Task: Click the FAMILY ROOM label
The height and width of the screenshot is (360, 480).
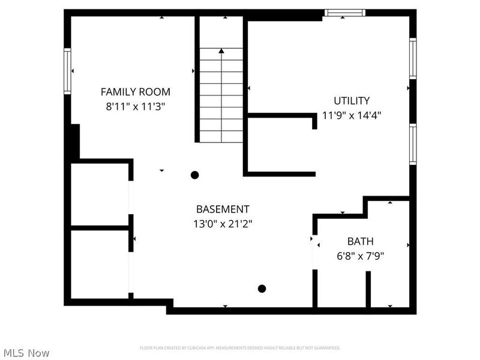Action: [135, 92]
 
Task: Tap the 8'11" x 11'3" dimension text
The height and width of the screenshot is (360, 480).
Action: [135, 106]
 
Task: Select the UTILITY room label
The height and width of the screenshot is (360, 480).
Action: [352, 101]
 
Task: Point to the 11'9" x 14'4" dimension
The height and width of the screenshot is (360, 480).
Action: [352, 115]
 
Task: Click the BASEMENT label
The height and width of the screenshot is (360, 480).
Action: [223, 209]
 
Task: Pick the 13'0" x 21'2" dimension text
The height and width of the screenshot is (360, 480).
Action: [223, 224]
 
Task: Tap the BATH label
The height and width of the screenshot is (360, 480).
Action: [360, 241]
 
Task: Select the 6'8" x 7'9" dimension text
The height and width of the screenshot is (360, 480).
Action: [360, 256]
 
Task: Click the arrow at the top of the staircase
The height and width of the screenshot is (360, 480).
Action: [221, 52]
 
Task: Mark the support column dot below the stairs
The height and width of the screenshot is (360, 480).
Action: [194, 175]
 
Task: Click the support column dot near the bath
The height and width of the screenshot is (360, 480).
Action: [262, 289]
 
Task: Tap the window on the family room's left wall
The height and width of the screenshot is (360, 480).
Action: [67, 71]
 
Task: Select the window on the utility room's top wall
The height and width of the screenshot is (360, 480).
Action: [344, 13]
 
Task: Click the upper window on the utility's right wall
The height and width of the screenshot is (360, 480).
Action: [413, 58]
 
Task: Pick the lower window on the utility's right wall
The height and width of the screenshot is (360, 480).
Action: [413, 144]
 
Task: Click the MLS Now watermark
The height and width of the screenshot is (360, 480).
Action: [26, 353]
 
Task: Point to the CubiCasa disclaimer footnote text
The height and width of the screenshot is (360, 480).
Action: [240, 347]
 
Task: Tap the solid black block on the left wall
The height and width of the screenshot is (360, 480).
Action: [73, 142]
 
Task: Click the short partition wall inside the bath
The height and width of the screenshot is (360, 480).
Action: [368, 289]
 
